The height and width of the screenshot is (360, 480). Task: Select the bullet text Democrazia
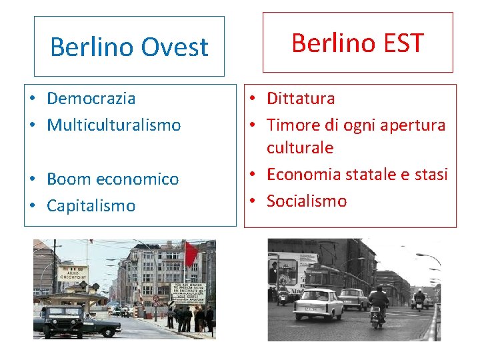point(91,99)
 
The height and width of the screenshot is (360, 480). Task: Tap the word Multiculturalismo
point(113,125)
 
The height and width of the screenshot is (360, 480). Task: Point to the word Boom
point(69,179)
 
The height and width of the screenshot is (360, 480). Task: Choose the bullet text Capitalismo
point(91,206)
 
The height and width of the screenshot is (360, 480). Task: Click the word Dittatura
point(301,99)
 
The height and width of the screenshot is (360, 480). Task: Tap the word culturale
point(299,147)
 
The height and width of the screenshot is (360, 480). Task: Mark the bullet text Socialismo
point(307,201)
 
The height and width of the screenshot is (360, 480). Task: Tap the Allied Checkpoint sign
point(73,273)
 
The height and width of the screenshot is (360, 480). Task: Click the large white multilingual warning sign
point(187,293)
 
